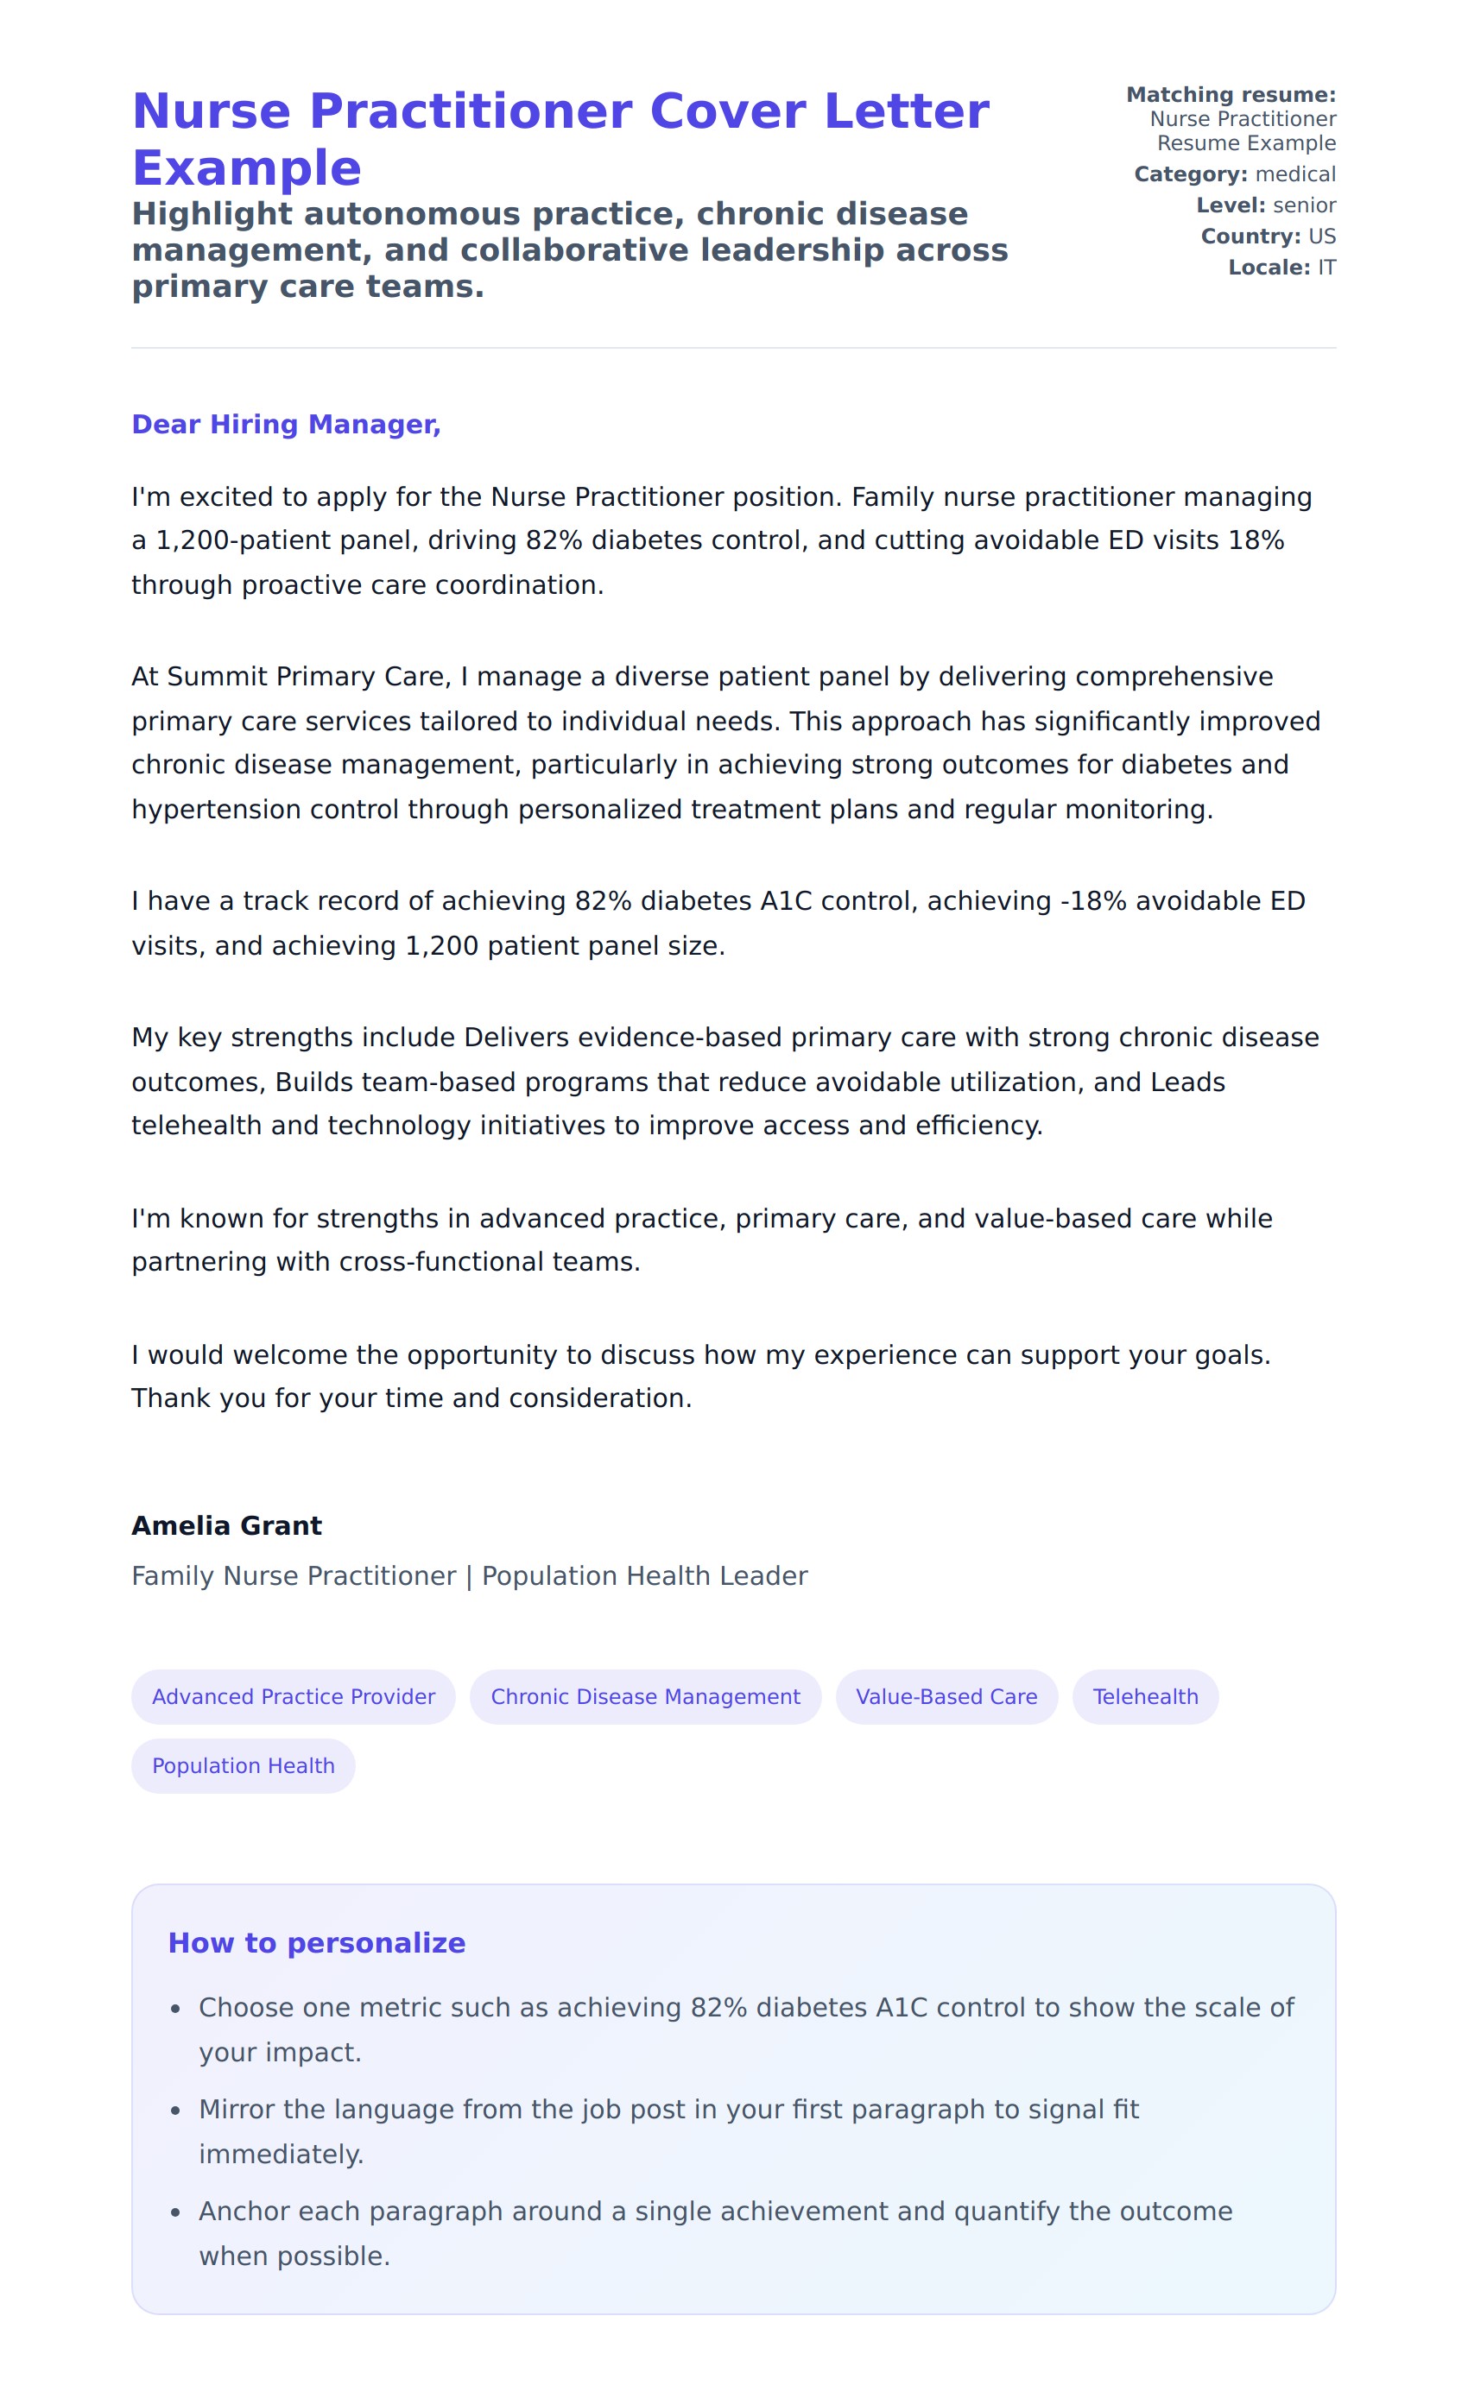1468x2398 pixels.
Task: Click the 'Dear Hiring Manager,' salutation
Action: tap(286, 425)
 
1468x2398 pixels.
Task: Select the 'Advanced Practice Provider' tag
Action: tap(293, 1696)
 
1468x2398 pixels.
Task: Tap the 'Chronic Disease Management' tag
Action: tap(644, 1696)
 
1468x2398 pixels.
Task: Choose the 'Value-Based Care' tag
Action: tap(946, 1696)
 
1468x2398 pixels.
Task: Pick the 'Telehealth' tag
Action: tap(1145, 1696)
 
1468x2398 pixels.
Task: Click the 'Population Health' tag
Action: tap(244, 1765)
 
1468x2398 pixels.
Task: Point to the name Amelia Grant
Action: tap(227, 1525)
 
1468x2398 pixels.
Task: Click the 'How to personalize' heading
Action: tap(316, 1942)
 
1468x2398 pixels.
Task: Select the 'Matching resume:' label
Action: tap(1231, 94)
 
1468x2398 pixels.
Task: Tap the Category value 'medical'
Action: tap(1294, 174)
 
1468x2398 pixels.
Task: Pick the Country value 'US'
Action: tap(1322, 237)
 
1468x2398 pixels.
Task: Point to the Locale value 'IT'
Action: tap(1327, 268)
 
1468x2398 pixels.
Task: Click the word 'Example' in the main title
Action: tap(247, 168)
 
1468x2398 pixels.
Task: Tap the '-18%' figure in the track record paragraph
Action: tap(1092, 901)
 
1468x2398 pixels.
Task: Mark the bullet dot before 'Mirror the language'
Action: tap(175, 2111)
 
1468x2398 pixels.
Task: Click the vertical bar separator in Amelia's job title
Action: tap(469, 1576)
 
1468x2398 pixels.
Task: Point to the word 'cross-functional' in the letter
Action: tap(422, 1261)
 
